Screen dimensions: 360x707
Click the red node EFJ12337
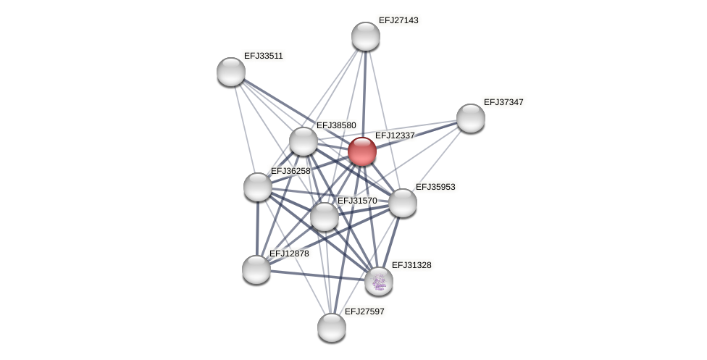pyautogui.click(x=361, y=151)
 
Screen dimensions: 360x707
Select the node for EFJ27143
pyautogui.click(x=365, y=36)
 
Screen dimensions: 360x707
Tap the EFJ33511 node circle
pyautogui.click(x=231, y=72)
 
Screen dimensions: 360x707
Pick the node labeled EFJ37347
pyautogui.click(x=470, y=118)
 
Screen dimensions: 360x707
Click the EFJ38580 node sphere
pyautogui.click(x=304, y=141)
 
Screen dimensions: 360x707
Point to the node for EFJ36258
pyautogui.click(x=258, y=187)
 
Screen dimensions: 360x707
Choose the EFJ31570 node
pyautogui.click(x=324, y=216)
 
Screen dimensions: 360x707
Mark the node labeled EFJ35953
pyautogui.click(x=403, y=203)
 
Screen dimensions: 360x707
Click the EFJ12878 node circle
pyautogui.click(x=256, y=269)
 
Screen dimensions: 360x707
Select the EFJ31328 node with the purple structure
pyautogui.click(x=378, y=281)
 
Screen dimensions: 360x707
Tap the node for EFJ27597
pyautogui.click(x=332, y=327)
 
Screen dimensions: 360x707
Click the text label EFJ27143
pyautogui.click(x=398, y=20)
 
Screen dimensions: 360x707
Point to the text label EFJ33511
pyautogui.click(x=263, y=56)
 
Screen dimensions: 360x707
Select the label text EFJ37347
pyautogui.click(x=503, y=102)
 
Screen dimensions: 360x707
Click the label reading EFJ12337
pyautogui.click(x=395, y=135)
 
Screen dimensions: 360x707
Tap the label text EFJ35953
pyautogui.click(x=435, y=187)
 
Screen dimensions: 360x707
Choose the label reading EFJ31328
pyautogui.click(x=411, y=265)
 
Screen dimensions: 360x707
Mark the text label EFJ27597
pyautogui.click(x=364, y=311)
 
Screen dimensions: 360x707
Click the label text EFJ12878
pyautogui.click(x=289, y=254)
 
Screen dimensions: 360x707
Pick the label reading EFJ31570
pyautogui.click(x=357, y=201)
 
